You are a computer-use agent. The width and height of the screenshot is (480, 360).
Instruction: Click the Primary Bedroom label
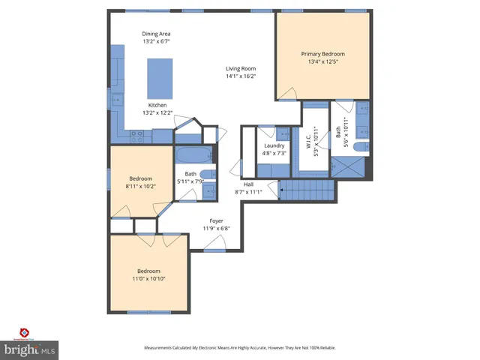coord(322,54)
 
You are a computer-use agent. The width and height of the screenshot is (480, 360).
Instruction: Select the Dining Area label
coord(156,34)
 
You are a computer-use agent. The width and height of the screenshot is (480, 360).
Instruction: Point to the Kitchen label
coord(157,104)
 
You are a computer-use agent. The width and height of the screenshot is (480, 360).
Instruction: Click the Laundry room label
coord(273,145)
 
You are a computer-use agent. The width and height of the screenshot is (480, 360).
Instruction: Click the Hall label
coord(247,184)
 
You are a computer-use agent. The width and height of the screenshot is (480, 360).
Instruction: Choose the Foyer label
coord(217,221)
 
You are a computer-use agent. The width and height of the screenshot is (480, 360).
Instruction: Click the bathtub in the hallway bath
coord(193,156)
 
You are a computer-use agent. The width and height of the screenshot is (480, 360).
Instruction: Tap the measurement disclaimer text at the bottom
coord(240,348)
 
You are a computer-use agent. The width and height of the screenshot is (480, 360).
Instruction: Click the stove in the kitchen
coord(137,136)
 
